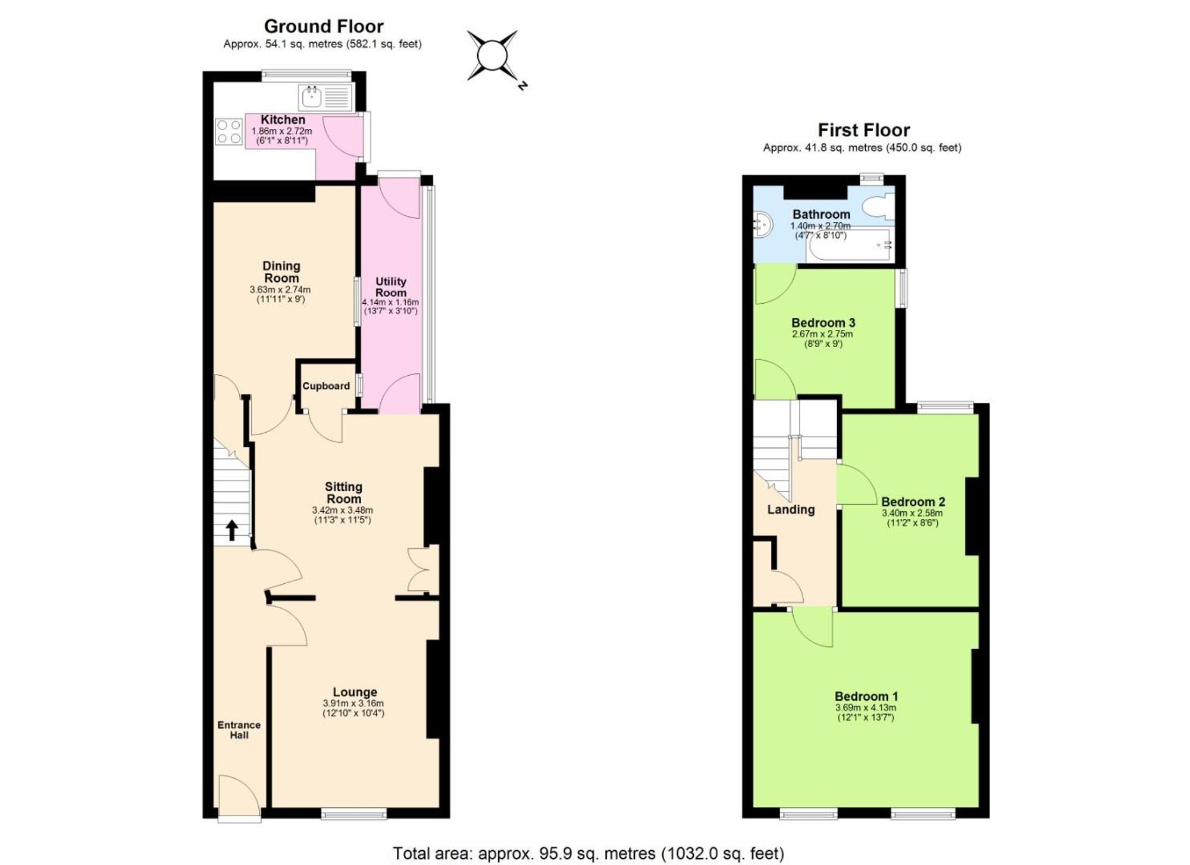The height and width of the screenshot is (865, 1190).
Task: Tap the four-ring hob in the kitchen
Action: click(x=229, y=131)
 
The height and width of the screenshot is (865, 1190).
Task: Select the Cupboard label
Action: click(x=325, y=386)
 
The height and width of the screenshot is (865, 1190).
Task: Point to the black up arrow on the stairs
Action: click(x=232, y=530)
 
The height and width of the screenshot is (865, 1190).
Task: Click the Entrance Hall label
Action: click(x=239, y=729)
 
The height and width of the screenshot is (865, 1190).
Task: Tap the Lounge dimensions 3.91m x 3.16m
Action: click(x=353, y=703)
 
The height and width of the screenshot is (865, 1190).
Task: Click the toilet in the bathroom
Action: click(x=877, y=207)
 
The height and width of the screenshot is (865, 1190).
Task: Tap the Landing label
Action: click(x=790, y=509)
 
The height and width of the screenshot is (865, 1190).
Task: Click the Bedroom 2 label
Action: click(x=913, y=502)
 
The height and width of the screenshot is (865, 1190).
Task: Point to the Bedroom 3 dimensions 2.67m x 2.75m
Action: click(x=822, y=334)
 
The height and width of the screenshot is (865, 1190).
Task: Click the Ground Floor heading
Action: click(x=324, y=26)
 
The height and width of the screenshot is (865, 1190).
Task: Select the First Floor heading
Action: click(x=863, y=130)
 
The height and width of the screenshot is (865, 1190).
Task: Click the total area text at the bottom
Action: click(x=588, y=854)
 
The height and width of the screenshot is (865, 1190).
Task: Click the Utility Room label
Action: click(x=390, y=287)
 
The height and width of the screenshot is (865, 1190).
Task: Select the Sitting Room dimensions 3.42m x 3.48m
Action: click(x=342, y=510)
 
